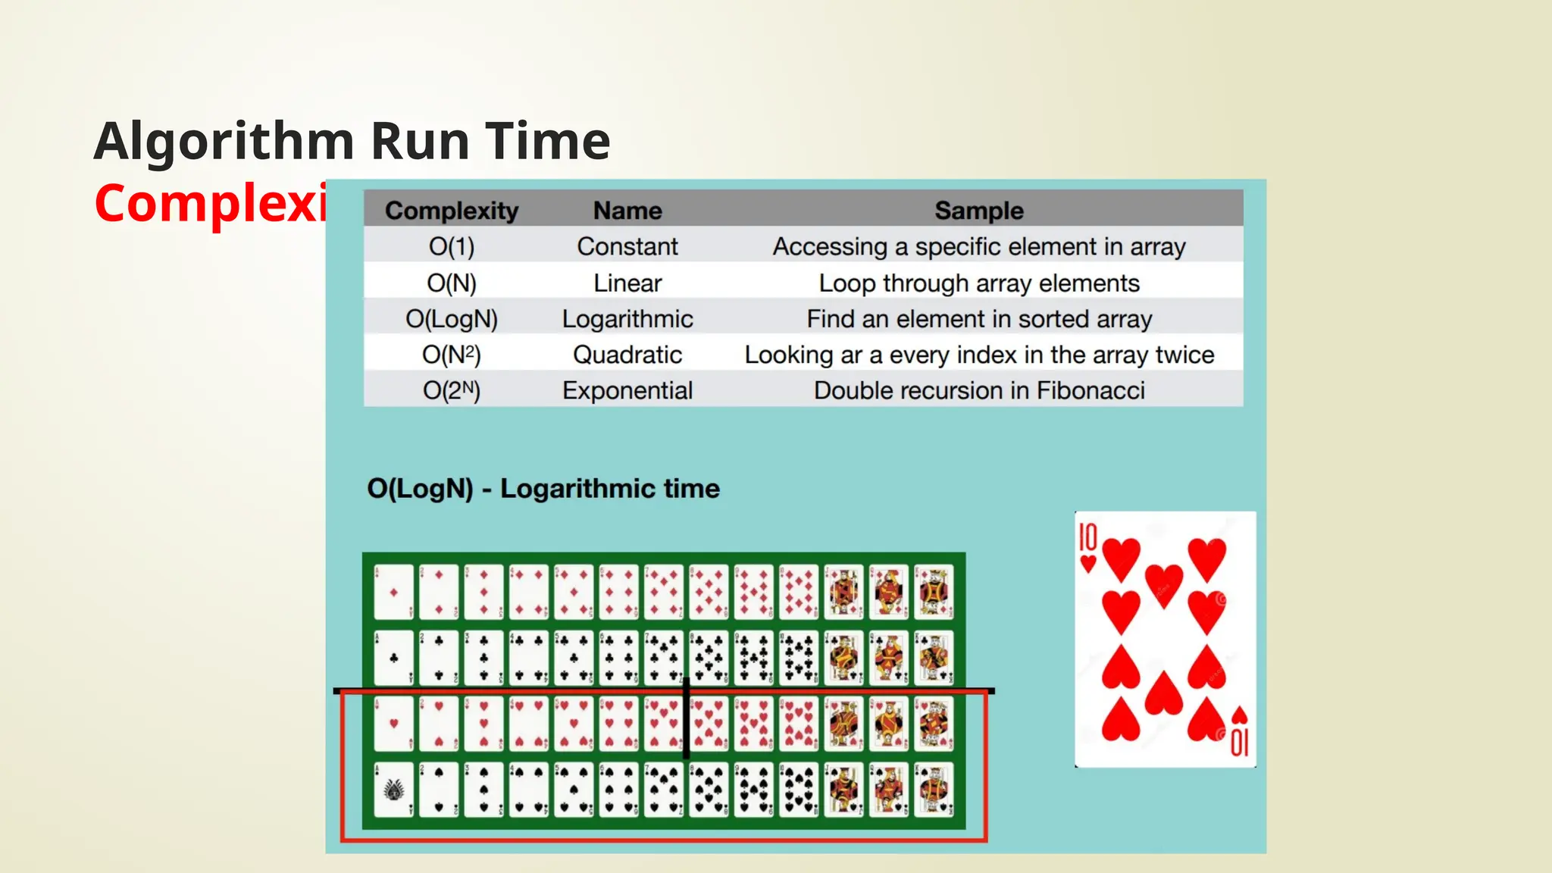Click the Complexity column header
click(x=452, y=210)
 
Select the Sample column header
click(x=978, y=210)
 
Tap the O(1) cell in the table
click(x=452, y=246)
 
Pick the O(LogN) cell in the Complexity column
click(x=452, y=319)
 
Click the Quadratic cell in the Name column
click(x=627, y=355)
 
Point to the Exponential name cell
click(x=627, y=390)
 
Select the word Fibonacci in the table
click(x=1090, y=390)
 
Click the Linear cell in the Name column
click(x=627, y=283)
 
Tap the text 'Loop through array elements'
click(x=978, y=283)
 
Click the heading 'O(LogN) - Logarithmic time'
click(x=543, y=489)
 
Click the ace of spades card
click(x=394, y=790)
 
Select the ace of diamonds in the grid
click(x=394, y=592)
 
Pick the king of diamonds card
click(x=934, y=592)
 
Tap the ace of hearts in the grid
click(x=394, y=724)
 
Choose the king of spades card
click(x=934, y=790)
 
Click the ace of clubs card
click(x=394, y=658)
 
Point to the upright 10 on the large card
click(x=1088, y=537)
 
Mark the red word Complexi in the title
click(x=211, y=204)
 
